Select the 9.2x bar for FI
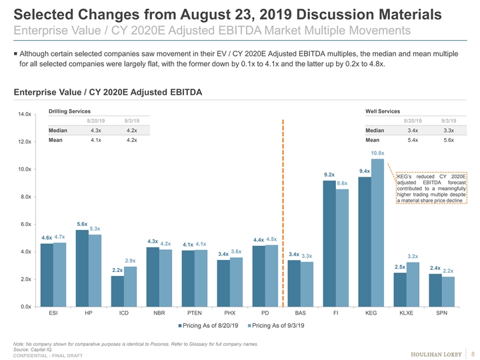click(x=329, y=243)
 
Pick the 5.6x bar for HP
click(x=82, y=267)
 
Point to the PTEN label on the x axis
click(x=194, y=312)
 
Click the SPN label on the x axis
click(x=441, y=312)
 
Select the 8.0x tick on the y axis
click(x=27, y=197)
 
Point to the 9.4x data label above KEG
click(x=365, y=171)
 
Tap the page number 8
click(x=472, y=353)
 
